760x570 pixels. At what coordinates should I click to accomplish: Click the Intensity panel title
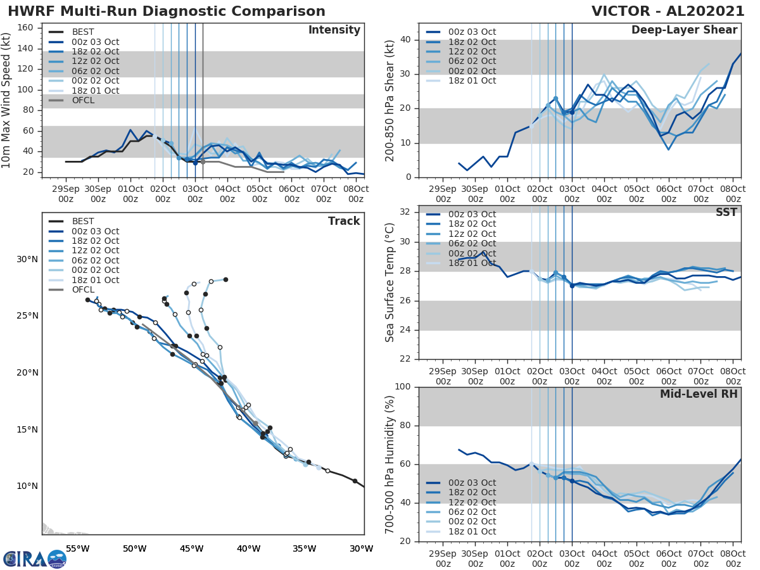(334, 30)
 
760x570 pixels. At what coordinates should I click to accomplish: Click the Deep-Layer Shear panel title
(684, 30)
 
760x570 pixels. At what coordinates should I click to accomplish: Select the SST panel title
(726, 213)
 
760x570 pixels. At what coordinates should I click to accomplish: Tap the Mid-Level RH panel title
(699, 394)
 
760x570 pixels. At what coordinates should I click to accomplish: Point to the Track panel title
(343, 221)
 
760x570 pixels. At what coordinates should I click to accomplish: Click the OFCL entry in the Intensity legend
(82, 100)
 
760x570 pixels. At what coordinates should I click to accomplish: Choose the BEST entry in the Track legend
(82, 221)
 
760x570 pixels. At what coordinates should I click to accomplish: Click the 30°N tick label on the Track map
(27, 259)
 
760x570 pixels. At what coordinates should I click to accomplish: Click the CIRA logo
(34, 558)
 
